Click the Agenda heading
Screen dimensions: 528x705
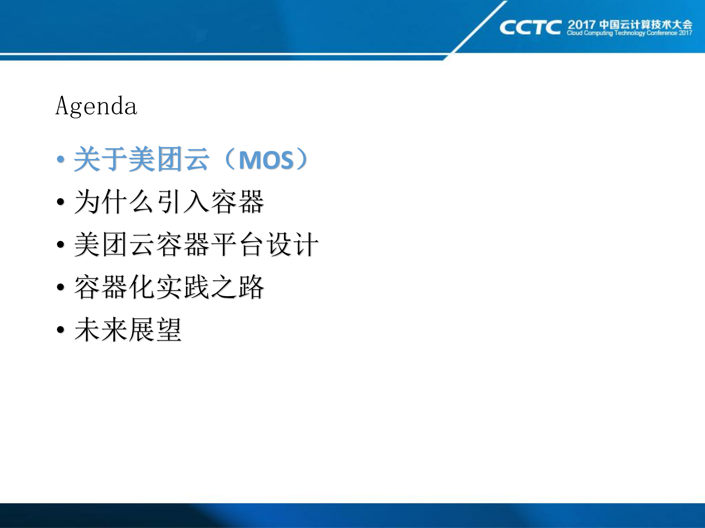pyautogui.click(x=96, y=106)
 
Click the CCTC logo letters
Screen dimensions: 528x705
pyautogui.click(x=530, y=28)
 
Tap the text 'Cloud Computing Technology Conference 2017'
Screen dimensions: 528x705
pyautogui.click(x=629, y=33)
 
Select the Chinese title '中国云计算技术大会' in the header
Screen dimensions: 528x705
pyautogui.click(x=646, y=24)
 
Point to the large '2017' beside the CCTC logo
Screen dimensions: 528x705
pyautogui.click(x=581, y=25)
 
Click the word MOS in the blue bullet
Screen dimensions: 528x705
pyautogui.click(x=266, y=160)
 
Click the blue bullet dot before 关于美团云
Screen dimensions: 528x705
pyautogui.click(x=61, y=159)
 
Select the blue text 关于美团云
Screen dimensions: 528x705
pyautogui.click(x=142, y=159)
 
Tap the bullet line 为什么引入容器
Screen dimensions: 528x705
pyautogui.click(x=169, y=201)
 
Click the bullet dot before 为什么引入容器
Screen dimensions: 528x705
pyautogui.click(x=61, y=202)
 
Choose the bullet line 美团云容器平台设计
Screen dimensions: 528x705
pyautogui.click(x=196, y=244)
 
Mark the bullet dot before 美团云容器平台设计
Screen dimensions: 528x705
pyautogui.click(x=61, y=244)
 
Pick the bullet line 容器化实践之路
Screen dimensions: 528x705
pyautogui.click(x=169, y=287)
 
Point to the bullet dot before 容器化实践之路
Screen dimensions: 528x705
pyautogui.click(x=61, y=287)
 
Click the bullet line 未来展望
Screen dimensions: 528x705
pyautogui.click(x=128, y=329)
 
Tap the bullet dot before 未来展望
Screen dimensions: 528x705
pyautogui.click(x=61, y=329)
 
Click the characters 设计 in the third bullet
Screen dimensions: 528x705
pyautogui.click(x=292, y=244)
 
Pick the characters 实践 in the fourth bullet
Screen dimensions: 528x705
pyautogui.click(x=183, y=287)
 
